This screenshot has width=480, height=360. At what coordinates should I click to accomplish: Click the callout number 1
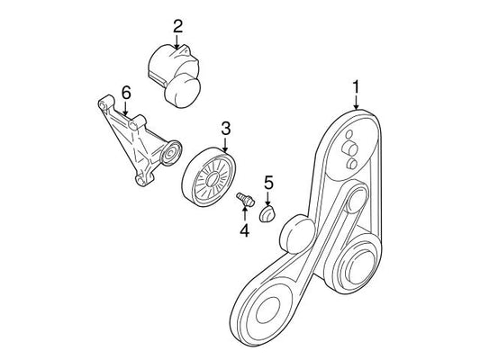click(356, 87)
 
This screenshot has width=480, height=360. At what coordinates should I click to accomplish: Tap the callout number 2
click(177, 26)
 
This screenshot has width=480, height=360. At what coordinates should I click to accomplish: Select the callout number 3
click(225, 129)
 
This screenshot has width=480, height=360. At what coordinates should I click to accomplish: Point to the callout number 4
click(245, 230)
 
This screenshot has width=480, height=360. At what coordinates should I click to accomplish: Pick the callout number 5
click(268, 183)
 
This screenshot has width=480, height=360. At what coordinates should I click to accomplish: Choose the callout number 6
click(126, 92)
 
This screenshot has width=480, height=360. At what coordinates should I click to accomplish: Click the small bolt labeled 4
click(246, 198)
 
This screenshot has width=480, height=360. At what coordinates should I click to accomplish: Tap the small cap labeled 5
click(267, 214)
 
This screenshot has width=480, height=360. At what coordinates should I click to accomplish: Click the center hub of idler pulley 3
click(212, 179)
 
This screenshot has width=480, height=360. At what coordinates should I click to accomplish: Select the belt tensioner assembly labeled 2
click(174, 76)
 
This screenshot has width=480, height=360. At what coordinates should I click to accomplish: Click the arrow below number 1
click(356, 103)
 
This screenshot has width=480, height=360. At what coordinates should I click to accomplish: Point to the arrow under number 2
click(177, 41)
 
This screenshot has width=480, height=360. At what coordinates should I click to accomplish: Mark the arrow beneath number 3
click(225, 145)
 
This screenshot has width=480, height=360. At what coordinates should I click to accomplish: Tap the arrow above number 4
click(245, 214)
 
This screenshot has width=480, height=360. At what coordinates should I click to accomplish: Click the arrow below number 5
click(268, 198)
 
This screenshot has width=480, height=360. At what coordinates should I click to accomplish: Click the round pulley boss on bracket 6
click(171, 153)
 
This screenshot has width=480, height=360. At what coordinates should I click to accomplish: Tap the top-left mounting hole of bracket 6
click(102, 105)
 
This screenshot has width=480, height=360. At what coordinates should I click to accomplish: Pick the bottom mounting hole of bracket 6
click(140, 181)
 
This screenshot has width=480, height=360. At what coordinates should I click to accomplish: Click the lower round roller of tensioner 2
click(183, 92)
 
